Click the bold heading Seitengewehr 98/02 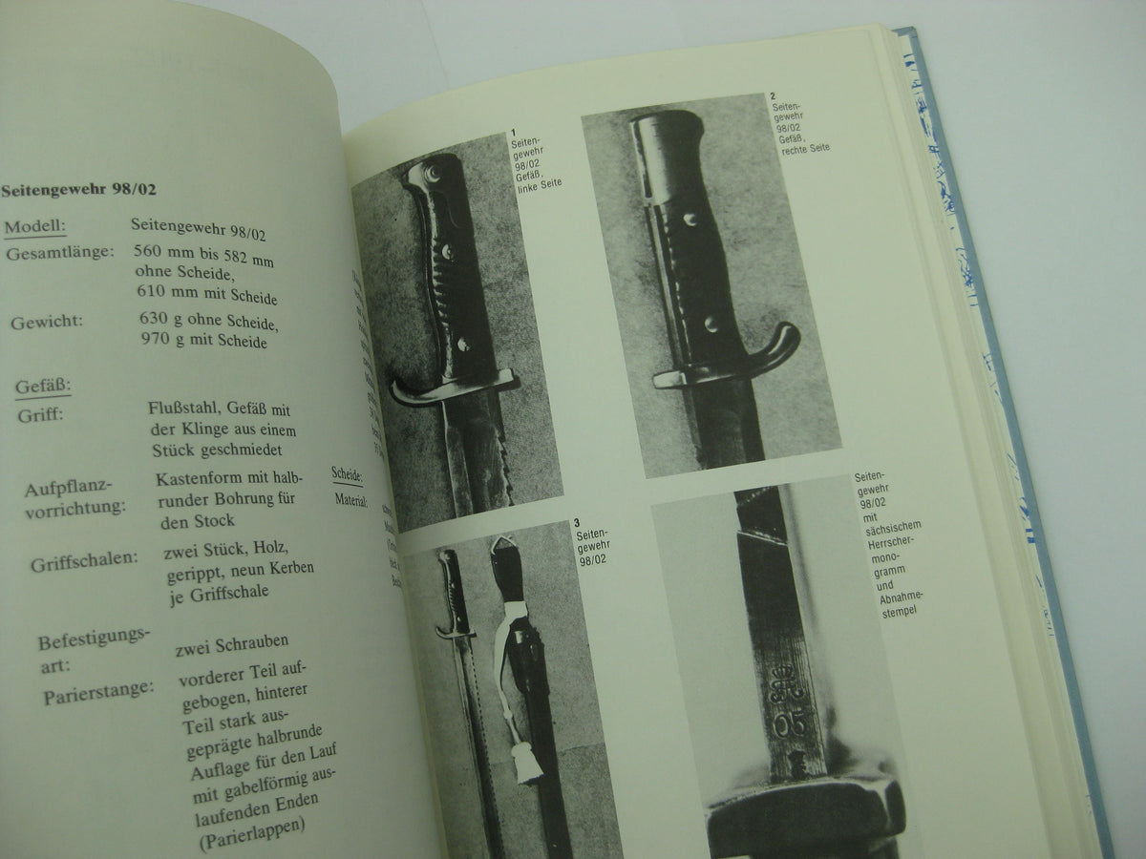[x=78, y=190]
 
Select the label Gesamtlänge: [x=59, y=255]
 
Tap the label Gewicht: [x=47, y=323]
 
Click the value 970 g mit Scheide [x=202, y=342]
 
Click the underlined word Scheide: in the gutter [x=348, y=473]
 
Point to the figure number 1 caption [x=514, y=133]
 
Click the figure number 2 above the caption [x=773, y=96]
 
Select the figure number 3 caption [x=578, y=523]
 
